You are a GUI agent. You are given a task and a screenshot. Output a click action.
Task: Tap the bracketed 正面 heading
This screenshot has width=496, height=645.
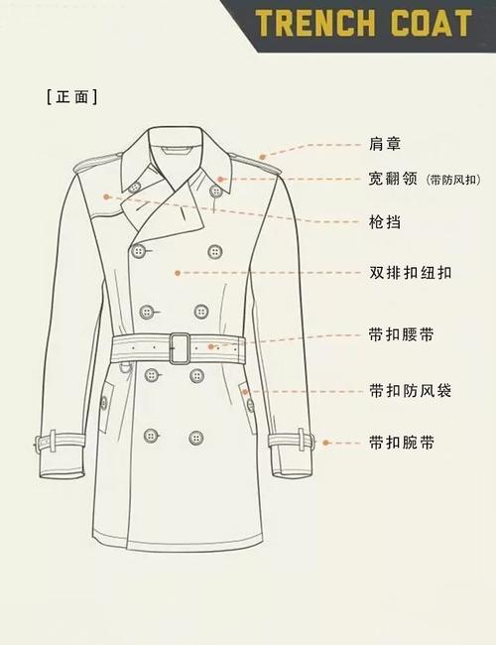point(71,96)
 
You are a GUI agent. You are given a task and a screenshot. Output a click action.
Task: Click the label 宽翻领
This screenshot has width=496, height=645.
point(391,180)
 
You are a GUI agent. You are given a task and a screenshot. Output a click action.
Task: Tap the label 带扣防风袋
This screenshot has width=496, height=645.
point(410,390)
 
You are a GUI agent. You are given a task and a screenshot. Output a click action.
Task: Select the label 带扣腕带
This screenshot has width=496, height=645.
point(401,442)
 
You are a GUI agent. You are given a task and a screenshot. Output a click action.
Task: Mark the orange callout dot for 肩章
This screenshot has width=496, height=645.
point(262,156)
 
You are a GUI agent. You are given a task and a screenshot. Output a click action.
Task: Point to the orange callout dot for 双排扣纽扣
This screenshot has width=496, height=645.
point(176,271)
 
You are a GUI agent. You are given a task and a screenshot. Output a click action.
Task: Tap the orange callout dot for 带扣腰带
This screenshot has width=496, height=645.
point(210,347)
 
